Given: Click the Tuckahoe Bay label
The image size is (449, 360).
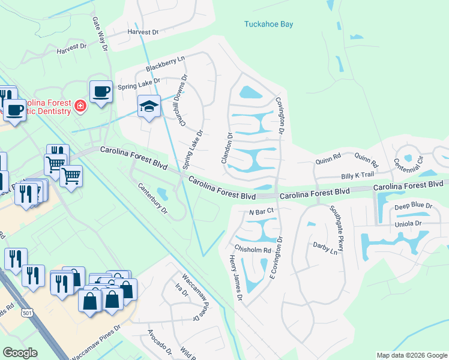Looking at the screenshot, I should click(x=269, y=25).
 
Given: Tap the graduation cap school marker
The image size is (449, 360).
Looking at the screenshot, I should click(x=149, y=107).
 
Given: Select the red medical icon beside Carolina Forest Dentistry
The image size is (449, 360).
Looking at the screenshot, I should click(x=80, y=107).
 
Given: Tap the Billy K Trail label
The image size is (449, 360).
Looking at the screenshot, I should click(x=357, y=175).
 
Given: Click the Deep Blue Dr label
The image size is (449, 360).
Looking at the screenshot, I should click(x=413, y=206).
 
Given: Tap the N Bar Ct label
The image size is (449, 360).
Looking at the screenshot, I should click(x=261, y=211).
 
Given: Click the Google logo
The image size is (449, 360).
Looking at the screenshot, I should click(x=20, y=353).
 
